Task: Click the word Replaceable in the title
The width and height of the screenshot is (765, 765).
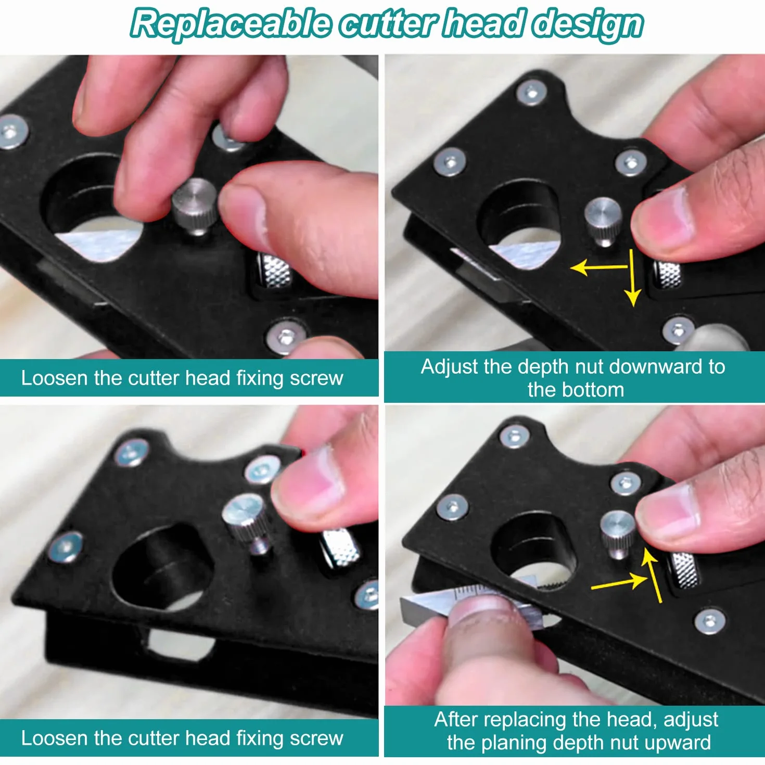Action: coord(231,24)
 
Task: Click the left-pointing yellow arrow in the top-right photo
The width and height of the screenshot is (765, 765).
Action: coord(600,267)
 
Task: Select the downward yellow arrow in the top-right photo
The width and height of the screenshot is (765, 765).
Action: coord(632,278)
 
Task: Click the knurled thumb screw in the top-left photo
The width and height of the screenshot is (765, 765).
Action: coord(195,206)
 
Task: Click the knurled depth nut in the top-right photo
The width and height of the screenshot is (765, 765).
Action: coord(668,274)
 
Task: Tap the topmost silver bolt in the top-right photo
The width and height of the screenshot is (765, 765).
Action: coord(531,93)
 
